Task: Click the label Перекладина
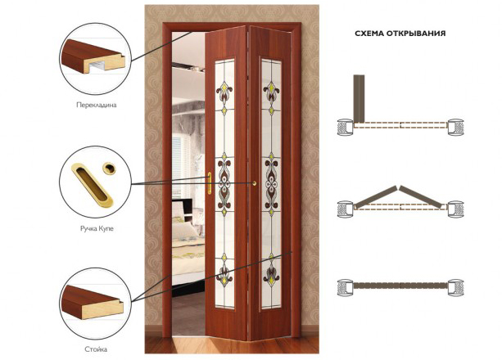pos(97,105)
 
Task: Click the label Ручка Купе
pos(97,228)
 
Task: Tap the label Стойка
pos(96,349)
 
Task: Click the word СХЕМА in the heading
pos(369,34)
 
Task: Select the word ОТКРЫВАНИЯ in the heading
pos(416,34)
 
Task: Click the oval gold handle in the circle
pos(92,183)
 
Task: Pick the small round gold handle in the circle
pos(109,168)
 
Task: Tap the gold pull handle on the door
pos(210,183)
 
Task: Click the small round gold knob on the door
pos(255,183)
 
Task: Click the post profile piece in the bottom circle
pos(93,303)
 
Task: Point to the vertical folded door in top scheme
pos(359,99)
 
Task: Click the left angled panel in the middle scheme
pos(375,196)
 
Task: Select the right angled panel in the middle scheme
pos(423,196)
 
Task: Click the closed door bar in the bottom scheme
pos(400,286)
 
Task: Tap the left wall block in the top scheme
pos(346,127)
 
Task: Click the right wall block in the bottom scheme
pos(455,287)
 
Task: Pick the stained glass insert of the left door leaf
pos(224,183)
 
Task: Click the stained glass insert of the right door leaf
pos(271,184)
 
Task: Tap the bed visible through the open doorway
pos(188,246)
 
